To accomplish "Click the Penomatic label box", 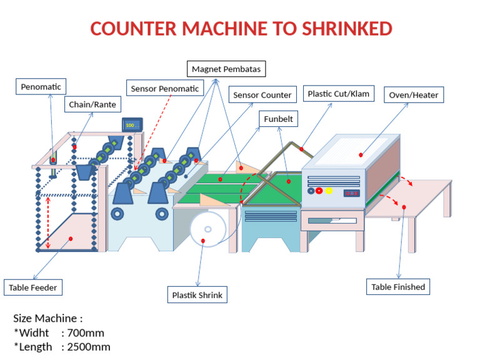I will [x=41, y=87].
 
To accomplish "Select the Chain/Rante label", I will [x=92, y=104].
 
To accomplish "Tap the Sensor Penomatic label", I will [x=164, y=89].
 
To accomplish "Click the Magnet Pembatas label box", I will [x=226, y=68].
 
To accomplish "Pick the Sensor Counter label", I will [x=262, y=95].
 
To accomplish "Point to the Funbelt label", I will [x=278, y=119].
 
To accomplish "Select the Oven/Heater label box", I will [x=413, y=95].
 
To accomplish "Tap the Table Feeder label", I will [x=33, y=287].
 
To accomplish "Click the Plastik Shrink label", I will [x=197, y=294].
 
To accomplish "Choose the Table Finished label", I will [x=398, y=287].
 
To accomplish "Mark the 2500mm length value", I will [x=89, y=347].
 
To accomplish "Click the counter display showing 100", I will [x=131, y=126].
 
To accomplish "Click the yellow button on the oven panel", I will [x=329, y=191].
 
